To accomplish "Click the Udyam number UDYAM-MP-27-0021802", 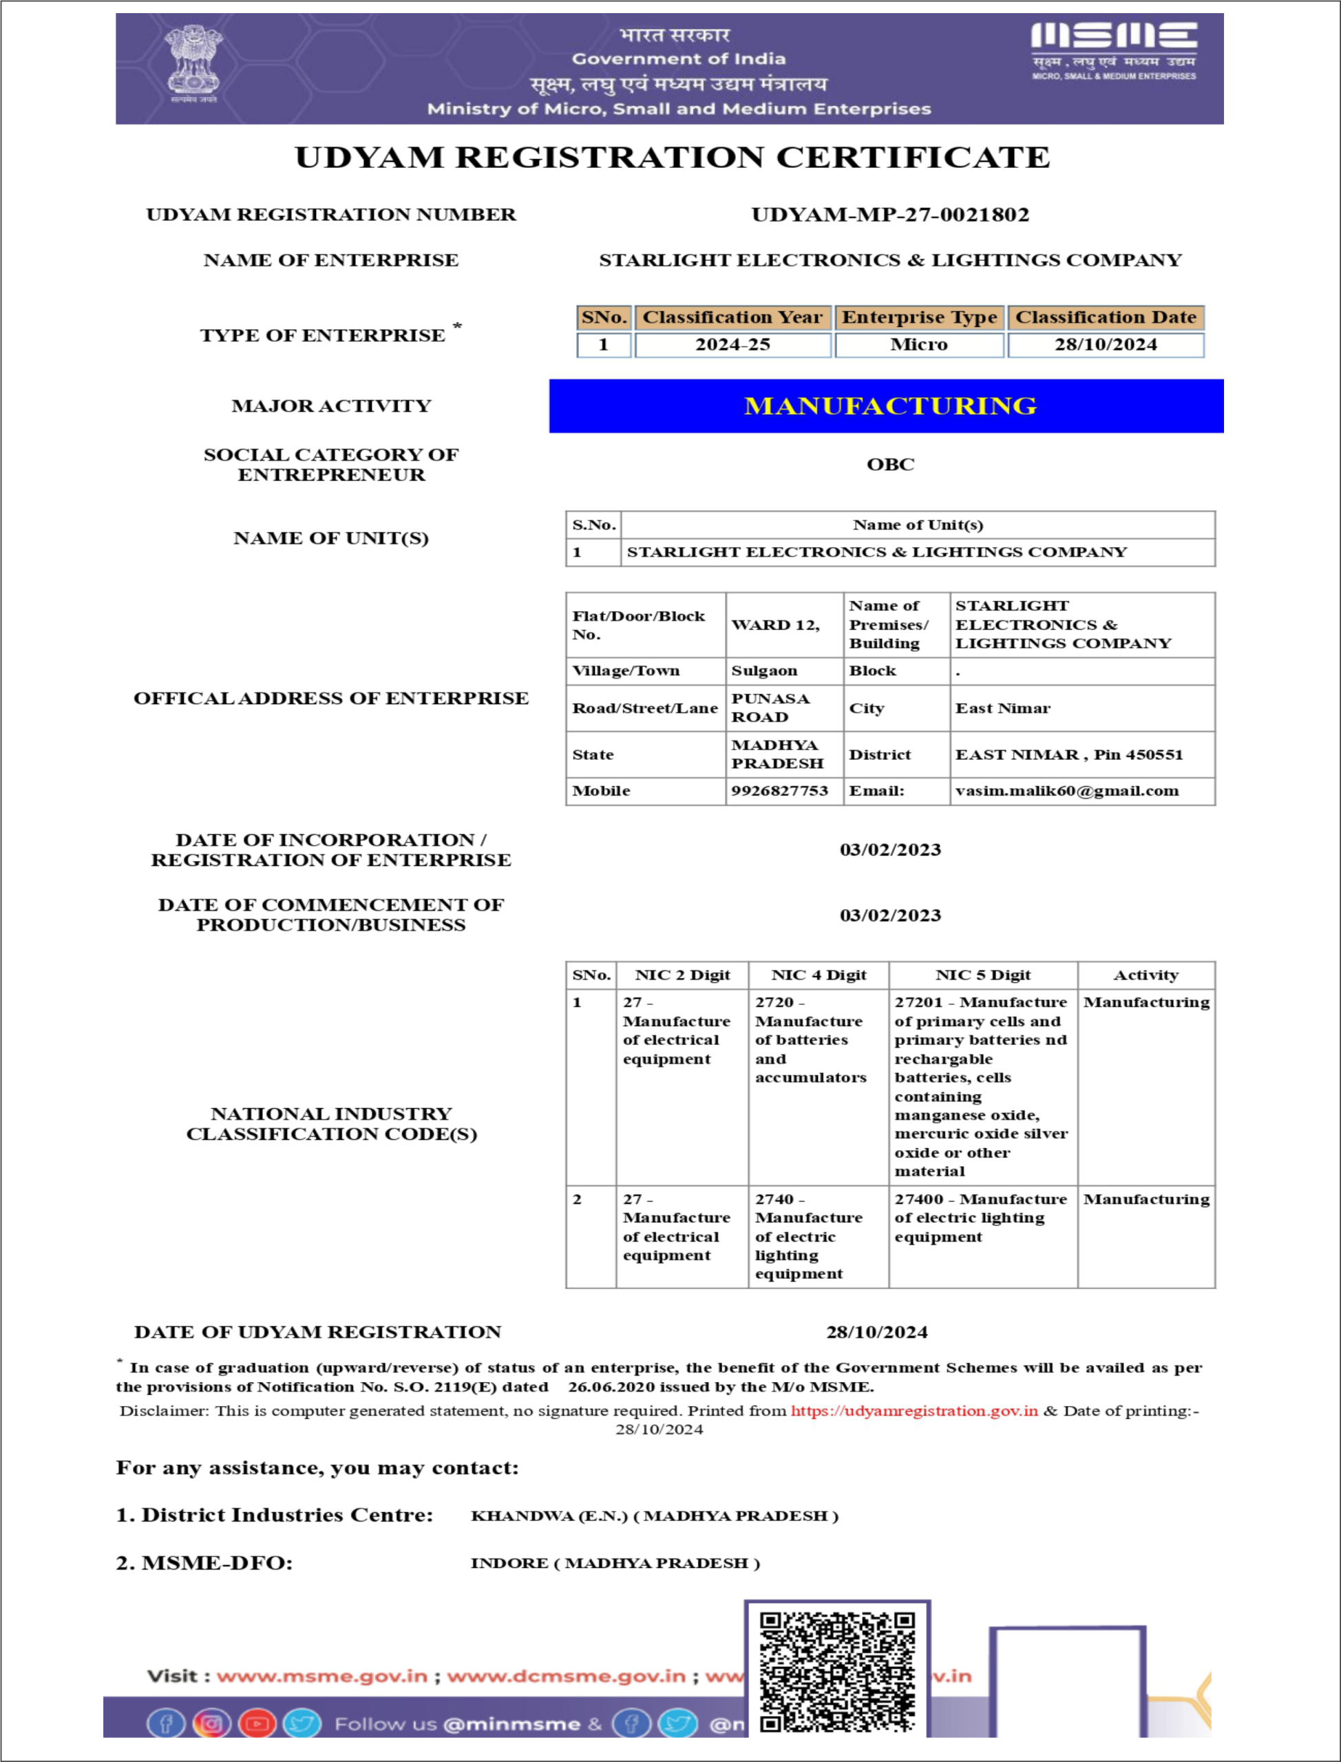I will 890,215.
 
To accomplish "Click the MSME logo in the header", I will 1114,50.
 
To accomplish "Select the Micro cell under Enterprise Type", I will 919,345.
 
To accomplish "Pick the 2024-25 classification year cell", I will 732,345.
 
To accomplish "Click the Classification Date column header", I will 1106,317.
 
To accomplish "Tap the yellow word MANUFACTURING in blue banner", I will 890,406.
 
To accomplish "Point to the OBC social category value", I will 890,465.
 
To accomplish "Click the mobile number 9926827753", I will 779,791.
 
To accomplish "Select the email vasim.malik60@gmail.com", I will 1066,791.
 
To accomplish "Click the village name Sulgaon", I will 764,671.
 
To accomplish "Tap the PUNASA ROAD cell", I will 770,708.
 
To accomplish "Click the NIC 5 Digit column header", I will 982,975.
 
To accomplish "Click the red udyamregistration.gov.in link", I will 914,1411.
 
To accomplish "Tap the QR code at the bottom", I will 836,1672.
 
